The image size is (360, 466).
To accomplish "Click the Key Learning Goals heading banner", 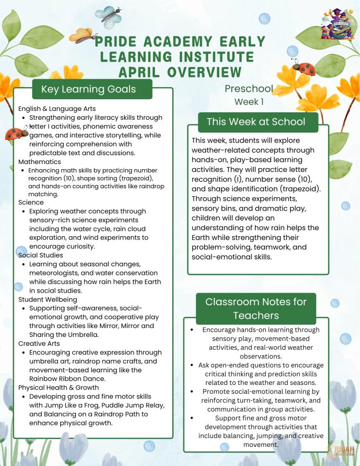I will pos(88,89).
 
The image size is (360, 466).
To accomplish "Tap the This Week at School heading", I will pos(256,122).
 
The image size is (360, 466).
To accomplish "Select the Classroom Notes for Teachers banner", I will pos(256,308).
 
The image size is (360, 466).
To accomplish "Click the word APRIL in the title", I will pos(141,72).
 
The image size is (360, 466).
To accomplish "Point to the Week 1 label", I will pos(249,102).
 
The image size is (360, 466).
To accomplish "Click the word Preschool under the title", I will pos(249,89).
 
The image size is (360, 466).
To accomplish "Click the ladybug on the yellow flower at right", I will pos(304,67).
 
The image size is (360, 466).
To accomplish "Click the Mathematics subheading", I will pos(40,162).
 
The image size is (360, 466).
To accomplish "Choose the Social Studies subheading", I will pos(41,255).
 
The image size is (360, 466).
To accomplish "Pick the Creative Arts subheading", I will pos(39,343).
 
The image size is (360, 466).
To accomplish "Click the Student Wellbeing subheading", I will pos(48,299).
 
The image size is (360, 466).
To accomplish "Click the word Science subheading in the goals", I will pos(31,202).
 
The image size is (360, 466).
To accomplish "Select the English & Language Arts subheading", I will pos(57,109).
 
